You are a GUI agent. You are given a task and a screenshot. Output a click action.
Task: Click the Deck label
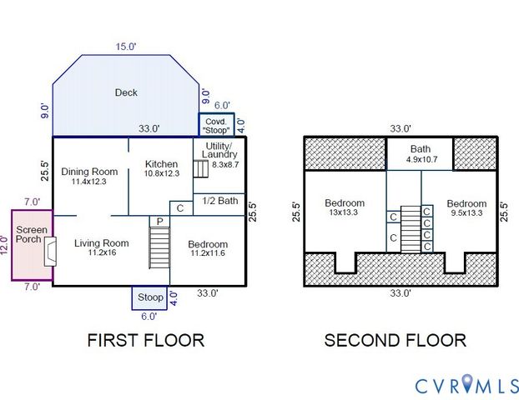tap(126, 92)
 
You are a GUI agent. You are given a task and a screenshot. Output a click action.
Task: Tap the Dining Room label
tap(89, 172)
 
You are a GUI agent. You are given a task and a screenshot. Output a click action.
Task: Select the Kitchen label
tap(161, 163)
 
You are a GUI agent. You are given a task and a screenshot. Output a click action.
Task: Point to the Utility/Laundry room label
tap(220, 150)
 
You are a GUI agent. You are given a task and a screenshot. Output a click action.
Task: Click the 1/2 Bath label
tap(221, 201)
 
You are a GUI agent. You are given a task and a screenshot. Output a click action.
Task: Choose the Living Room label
tap(101, 243)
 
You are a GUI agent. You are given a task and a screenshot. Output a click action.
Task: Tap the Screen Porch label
tap(28, 233)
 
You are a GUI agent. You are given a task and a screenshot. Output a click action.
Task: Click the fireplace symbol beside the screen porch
tap(50, 250)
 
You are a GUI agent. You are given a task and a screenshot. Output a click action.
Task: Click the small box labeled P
tap(159, 221)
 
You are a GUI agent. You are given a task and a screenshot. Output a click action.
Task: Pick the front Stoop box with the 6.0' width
tap(150, 297)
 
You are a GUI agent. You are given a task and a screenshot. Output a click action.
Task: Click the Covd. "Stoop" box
tap(216, 124)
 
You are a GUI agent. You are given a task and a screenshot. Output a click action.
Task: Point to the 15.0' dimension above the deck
tap(126, 47)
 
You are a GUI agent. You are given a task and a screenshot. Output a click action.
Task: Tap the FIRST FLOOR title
tap(146, 340)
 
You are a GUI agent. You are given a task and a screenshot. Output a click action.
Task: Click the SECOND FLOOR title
tap(395, 340)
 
